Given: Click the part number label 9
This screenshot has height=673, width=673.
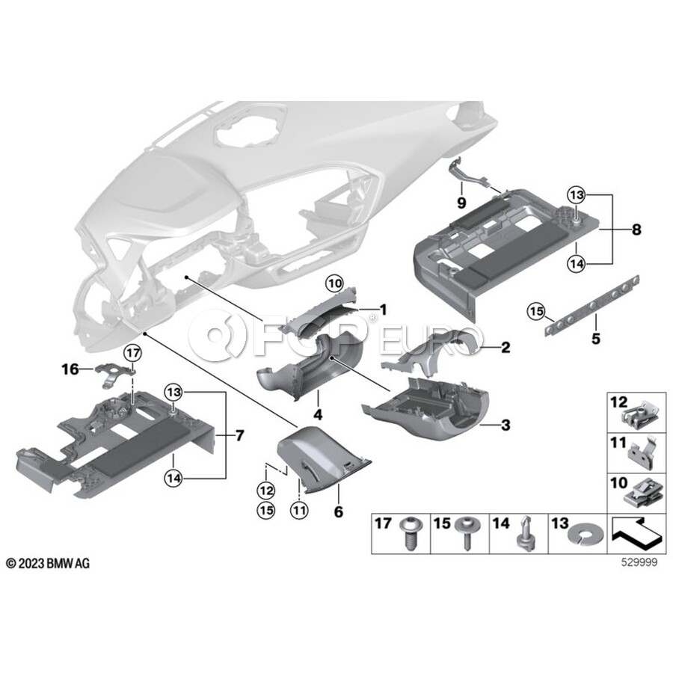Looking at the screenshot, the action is (x=461, y=202).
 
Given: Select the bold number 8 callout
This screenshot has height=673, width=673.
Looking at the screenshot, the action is (x=636, y=230).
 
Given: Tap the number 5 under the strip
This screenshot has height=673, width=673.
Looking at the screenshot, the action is (x=596, y=339).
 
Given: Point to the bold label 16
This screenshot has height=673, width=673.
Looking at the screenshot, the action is (x=70, y=369).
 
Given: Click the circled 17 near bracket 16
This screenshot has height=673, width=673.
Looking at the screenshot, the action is (x=132, y=353).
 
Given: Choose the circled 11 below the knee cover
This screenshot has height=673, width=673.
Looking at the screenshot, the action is (x=299, y=510).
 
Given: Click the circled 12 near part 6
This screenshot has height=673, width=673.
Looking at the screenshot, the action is (x=266, y=490).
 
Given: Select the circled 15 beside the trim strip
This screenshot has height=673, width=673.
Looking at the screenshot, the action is (x=536, y=311).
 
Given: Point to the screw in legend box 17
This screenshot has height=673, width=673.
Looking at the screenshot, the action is (x=411, y=532).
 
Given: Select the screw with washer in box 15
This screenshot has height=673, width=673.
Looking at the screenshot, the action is (x=467, y=532).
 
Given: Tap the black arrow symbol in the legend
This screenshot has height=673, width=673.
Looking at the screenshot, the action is (x=636, y=535).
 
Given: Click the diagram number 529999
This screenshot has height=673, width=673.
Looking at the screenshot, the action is (x=639, y=562).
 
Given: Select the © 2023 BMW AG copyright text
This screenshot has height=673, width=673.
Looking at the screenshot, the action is (x=49, y=564).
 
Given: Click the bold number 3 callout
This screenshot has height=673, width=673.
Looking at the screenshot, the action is (x=506, y=425).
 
